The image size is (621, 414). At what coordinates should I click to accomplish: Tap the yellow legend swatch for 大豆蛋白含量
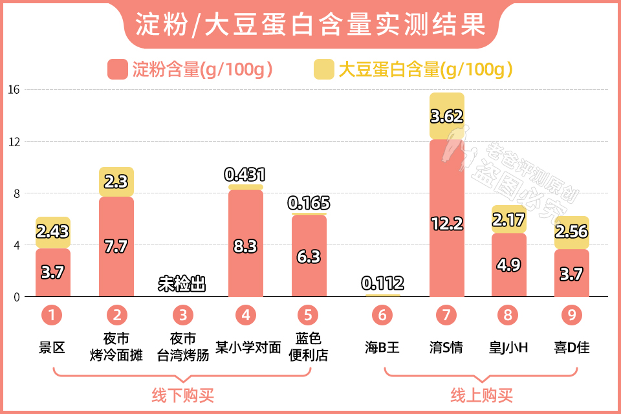pyautogui.click(x=323, y=69)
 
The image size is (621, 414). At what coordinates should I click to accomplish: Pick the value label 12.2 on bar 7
pyautogui.click(x=446, y=224)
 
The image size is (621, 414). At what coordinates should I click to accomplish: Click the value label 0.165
pyautogui.click(x=309, y=203)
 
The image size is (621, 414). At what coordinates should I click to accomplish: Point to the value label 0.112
pyautogui.click(x=382, y=283)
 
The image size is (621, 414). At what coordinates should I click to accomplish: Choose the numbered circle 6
pyautogui.click(x=382, y=315)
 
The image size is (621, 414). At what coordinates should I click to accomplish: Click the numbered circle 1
pyautogui.click(x=52, y=315)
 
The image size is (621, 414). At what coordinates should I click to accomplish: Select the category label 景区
pyautogui.click(x=52, y=347)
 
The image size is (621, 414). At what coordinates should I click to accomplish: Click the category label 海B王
pyautogui.click(x=382, y=347)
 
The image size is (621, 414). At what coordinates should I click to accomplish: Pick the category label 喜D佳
pyautogui.click(x=572, y=347)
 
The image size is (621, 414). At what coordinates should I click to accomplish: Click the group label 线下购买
pyautogui.click(x=182, y=395)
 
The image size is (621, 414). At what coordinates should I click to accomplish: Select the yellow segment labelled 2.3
pyautogui.click(x=116, y=182)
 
